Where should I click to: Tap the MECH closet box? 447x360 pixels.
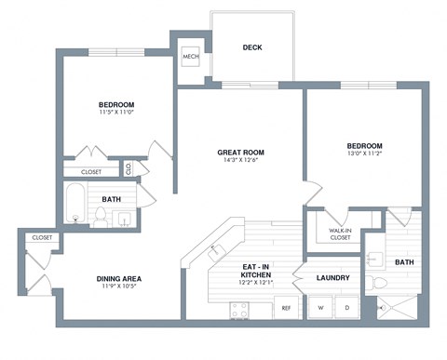click(x=191, y=57)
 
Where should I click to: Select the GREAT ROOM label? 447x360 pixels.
click(x=238, y=152)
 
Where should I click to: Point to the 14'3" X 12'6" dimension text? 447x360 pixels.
click(x=238, y=161)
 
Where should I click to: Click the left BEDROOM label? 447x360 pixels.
click(x=117, y=104)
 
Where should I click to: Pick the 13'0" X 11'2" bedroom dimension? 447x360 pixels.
click(x=364, y=156)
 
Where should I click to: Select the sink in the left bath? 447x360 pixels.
click(x=124, y=219)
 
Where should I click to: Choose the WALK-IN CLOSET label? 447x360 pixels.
click(x=340, y=233)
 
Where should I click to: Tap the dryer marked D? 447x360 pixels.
click(x=346, y=306)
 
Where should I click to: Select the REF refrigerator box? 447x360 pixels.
click(x=286, y=307)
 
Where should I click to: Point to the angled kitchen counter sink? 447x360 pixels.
click(x=214, y=252)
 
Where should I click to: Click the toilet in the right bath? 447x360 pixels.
click(x=377, y=280)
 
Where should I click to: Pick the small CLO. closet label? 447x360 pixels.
click(x=129, y=168)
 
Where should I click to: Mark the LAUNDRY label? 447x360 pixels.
click(x=332, y=278)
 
